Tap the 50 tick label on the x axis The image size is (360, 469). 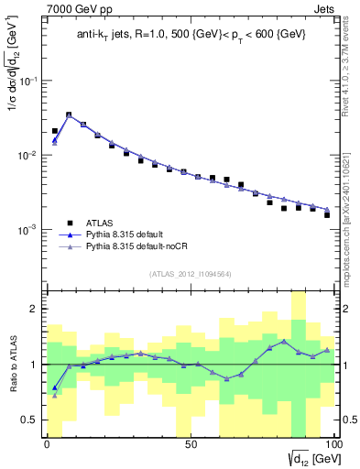click(x=190, y=444)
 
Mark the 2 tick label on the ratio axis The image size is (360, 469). click(x=34, y=309)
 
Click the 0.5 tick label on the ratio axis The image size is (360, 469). click(x=30, y=420)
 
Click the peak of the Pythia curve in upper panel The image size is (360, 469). click(x=69, y=115)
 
